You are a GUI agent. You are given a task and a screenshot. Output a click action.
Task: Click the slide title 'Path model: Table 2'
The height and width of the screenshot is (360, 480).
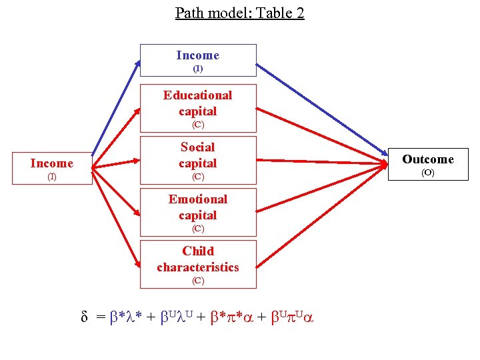tap(239, 13)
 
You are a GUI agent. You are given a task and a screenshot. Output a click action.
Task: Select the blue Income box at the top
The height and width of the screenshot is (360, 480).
tap(198, 61)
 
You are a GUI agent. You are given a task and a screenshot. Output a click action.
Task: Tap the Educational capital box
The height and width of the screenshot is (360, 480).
tap(198, 108)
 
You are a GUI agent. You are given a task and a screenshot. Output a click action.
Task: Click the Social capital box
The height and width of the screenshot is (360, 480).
tap(198, 160)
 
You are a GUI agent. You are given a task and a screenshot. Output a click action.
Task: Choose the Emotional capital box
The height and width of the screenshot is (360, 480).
tap(198, 212)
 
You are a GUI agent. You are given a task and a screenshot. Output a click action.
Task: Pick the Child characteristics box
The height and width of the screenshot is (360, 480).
tap(198, 264)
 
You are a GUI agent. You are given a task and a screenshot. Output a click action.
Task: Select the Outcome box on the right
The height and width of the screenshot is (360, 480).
tap(428, 164)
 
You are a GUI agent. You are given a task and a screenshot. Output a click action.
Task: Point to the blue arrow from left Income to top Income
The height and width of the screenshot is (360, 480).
tap(116, 107)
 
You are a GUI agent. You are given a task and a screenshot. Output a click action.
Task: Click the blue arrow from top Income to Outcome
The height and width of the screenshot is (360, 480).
tap(320, 111)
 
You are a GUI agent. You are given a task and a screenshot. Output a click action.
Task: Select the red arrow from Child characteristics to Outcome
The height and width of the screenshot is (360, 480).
tap(320, 213)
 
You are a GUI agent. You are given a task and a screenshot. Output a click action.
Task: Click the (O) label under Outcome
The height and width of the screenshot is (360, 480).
tap(428, 173)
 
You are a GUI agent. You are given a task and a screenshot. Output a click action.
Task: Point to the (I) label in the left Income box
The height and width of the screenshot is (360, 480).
tap(51, 177)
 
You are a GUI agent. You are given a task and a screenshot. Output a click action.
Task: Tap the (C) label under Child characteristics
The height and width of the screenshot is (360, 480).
tap(198, 281)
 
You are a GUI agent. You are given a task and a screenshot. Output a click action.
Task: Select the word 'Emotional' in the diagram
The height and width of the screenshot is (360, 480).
tap(198, 199)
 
